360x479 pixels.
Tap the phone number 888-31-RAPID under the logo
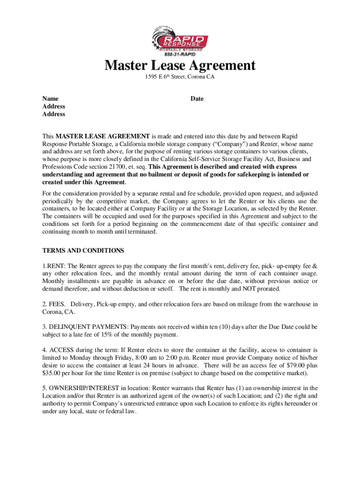click(180, 54)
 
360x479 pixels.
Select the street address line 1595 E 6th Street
click(180, 77)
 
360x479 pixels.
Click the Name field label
click(50, 99)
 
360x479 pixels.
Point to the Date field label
click(197, 99)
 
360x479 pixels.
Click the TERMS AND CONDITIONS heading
click(83, 251)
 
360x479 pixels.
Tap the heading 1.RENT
click(55, 265)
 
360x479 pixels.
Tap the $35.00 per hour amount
click(51, 373)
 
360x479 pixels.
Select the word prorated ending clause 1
click(267, 289)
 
